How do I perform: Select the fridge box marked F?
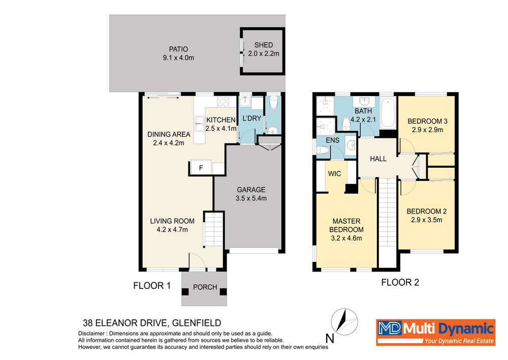(201, 168)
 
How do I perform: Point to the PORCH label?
(205, 287)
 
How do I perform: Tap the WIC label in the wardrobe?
(334, 173)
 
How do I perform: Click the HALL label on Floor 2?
(378, 159)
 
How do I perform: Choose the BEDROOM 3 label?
(428, 121)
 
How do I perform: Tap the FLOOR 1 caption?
(151, 286)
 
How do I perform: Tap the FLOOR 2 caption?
(400, 282)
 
